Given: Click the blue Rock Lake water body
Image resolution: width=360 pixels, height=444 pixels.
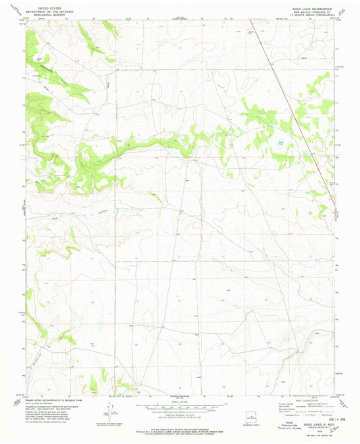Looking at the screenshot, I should click(278, 142).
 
